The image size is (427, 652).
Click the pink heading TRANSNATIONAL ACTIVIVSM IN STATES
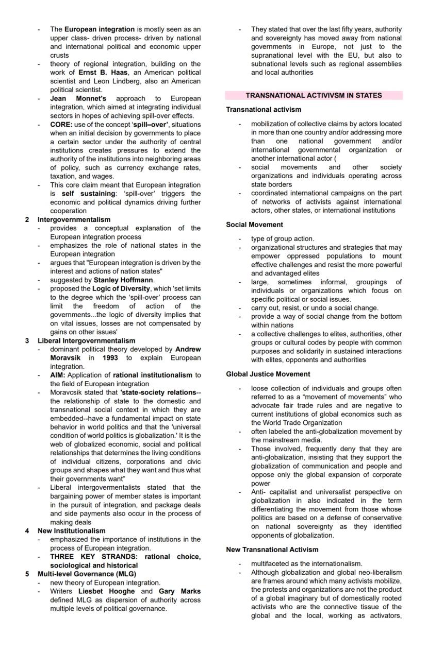(314, 95)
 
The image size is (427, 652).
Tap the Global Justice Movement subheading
(268, 374)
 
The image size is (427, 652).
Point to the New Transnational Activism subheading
(272, 550)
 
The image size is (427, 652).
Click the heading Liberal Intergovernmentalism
(86, 340)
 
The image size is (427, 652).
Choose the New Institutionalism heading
(71, 530)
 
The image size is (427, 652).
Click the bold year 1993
(110, 358)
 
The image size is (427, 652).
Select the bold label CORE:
(61, 125)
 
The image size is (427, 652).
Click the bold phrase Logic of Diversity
(121, 288)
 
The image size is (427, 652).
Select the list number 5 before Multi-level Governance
(27, 574)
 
